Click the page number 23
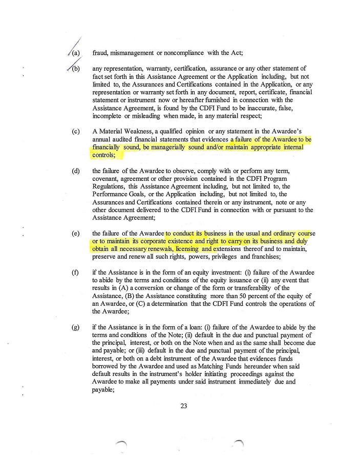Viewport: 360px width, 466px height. point(184,406)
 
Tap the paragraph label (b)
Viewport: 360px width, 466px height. point(76,69)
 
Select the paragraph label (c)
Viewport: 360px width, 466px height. point(76,132)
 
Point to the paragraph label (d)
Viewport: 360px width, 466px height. point(76,171)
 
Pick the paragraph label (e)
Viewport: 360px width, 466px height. point(76,233)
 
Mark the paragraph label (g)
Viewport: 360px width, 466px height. point(76,327)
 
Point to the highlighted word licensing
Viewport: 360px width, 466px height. point(191,249)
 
